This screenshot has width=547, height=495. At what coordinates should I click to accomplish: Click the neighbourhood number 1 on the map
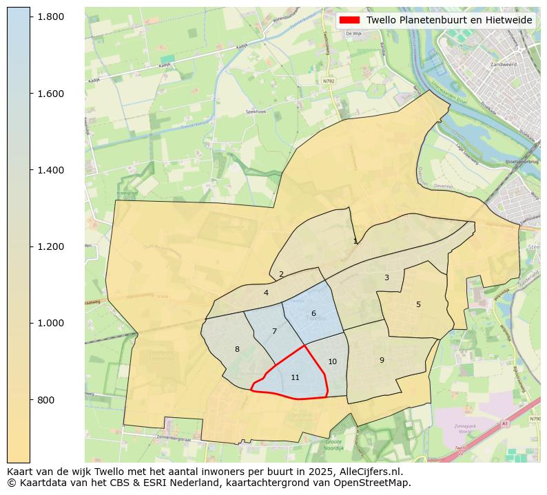tap(355, 242)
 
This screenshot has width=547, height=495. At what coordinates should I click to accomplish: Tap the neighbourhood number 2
tap(281, 275)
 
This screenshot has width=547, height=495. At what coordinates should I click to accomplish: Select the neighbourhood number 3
tap(386, 278)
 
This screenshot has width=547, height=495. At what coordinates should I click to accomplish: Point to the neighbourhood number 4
tap(266, 293)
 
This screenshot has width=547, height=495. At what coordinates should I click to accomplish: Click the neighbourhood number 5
tap(418, 305)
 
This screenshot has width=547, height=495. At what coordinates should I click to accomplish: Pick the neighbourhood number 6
tap(313, 314)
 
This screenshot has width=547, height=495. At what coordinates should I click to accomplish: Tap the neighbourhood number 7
tap(274, 332)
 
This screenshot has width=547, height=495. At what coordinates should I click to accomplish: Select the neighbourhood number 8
tap(237, 350)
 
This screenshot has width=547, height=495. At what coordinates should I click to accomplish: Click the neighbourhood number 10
tap(332, 362)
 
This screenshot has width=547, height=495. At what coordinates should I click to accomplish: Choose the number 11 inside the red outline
tap(295, 378)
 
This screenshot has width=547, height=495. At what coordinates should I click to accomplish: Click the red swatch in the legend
tap(350, 21)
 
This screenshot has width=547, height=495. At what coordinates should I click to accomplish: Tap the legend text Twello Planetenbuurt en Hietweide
tap(449, 21)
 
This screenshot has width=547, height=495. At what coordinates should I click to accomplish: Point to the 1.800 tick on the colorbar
tap(51, 17)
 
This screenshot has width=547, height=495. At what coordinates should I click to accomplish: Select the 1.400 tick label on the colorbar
tap(51, 170)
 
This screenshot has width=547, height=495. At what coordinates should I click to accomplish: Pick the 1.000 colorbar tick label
tap(51, 324)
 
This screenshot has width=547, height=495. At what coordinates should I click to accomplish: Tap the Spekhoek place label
tap(256, 112)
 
